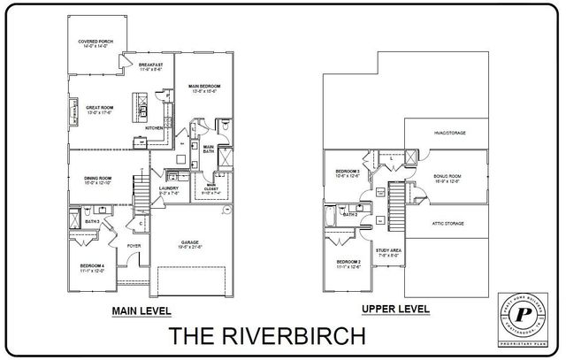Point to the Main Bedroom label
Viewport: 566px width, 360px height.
point(204,88)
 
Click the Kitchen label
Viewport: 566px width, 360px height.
point(153,127)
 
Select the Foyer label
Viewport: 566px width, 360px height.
point(134,247)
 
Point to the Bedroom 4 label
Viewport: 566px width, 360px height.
point(91,268)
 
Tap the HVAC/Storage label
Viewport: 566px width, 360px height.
point(449,133)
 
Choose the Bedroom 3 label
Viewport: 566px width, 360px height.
point(347,172)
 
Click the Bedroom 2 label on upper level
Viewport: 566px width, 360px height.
point(348,264)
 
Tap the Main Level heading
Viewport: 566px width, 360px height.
point(141,311)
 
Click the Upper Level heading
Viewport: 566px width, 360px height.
point(396,310)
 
